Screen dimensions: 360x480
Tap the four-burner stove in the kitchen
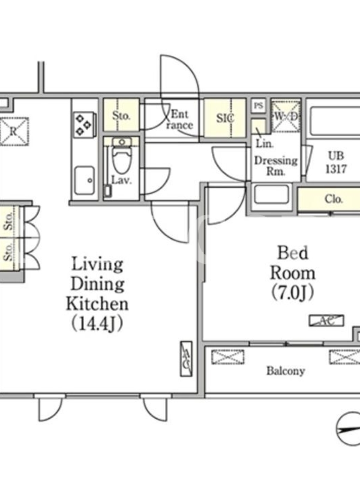pos(84,125)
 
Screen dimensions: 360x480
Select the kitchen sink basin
pos(85,181)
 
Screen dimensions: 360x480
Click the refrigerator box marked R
pos(14,131)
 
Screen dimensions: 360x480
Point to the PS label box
pos(259,106)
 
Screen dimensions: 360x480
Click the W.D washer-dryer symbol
pos(286,116)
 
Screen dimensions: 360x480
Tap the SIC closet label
pos(226,118)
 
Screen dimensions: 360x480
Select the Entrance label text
pos(180,119)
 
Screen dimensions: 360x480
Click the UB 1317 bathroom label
pos(336,162)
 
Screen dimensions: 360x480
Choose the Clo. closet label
pos(334,199)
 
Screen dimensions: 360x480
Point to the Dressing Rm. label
pos(276,166)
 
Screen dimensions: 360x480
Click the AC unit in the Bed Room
pos(326,320)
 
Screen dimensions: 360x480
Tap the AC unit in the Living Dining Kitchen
pos(187,358)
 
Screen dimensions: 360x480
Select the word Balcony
pos(286,371)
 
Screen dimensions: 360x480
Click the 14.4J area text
pos(97,323)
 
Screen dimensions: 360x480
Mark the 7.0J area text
pos(293,293)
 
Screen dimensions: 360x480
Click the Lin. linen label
pos(265,143)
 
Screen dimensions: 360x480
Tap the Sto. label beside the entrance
pos(121,116)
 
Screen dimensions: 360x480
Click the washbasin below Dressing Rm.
pos(272,194)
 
